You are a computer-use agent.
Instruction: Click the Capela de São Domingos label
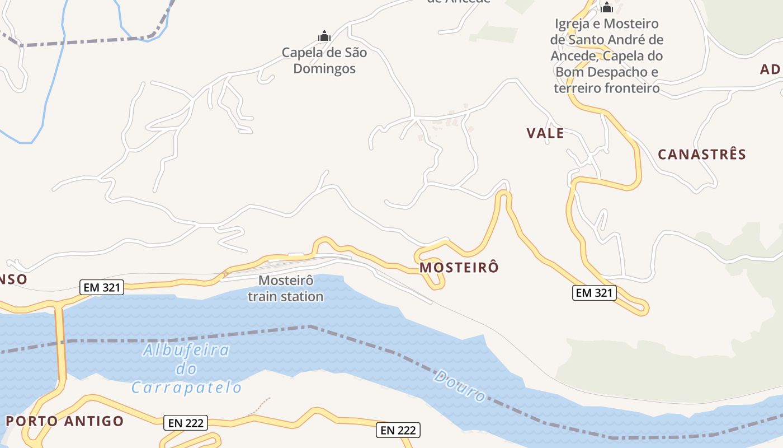click(324, 60)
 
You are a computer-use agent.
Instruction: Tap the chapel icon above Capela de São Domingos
click(324, 36)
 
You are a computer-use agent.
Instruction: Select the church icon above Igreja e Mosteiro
click(607, 7)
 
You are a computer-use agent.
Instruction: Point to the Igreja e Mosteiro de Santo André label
click(607, 56)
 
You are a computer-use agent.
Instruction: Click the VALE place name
click(545, 133)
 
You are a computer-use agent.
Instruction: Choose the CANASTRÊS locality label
click(702, 155)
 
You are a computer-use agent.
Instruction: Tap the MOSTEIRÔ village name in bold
click(459, 268)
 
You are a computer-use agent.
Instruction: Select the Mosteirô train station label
click(286, 288)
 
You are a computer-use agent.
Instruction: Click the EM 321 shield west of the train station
click(101, 288)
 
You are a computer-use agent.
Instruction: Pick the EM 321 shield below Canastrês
click(594, 292)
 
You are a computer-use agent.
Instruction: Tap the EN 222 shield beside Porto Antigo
click(186, 423)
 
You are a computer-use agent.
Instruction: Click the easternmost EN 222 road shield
click(398, 430)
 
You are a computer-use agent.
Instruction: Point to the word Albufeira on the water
click(186, 351)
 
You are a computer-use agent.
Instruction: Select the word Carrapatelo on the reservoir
click(187, 388)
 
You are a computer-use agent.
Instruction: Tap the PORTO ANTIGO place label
click(65, 421)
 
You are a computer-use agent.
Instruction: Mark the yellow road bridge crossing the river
click(60, 342)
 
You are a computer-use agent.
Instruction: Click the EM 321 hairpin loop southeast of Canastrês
click(642, 307)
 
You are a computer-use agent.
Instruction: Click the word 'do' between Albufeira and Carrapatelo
click(186, 369)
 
